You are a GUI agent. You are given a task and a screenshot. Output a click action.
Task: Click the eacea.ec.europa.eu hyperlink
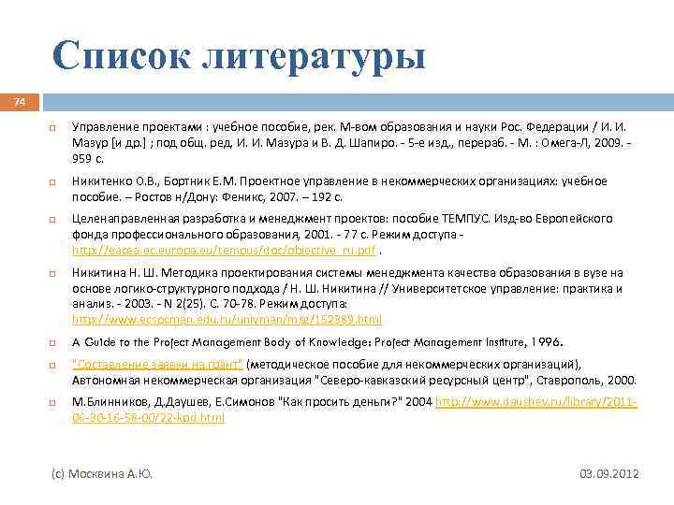click(x=225, y=252)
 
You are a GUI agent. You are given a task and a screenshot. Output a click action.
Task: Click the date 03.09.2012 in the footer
click(x=608, y=474)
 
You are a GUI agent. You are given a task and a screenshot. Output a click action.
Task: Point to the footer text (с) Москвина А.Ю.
click(x=102, y=474)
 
